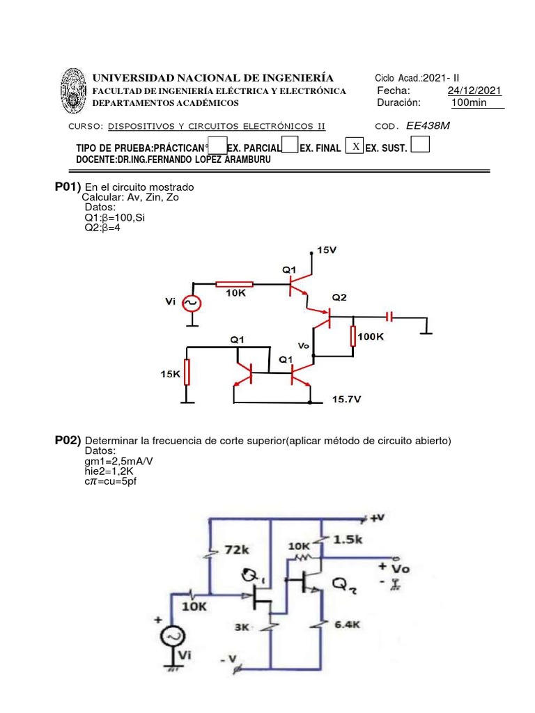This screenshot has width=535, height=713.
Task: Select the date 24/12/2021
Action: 474,91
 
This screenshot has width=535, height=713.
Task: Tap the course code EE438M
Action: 433,126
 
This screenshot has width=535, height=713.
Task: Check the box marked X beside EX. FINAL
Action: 355,146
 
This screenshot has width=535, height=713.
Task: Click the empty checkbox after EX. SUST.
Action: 421,145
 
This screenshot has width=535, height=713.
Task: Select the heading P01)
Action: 68,187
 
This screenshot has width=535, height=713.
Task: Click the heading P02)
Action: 68,440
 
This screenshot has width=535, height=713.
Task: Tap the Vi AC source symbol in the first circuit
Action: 191,304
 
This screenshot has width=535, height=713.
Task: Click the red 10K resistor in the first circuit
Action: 234,284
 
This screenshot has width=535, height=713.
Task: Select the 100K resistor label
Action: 371,337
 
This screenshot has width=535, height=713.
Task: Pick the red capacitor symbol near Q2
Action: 389,317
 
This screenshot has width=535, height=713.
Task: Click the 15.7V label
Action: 346,399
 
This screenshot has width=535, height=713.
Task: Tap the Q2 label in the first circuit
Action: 339,297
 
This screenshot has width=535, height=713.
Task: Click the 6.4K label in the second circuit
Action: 346,625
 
